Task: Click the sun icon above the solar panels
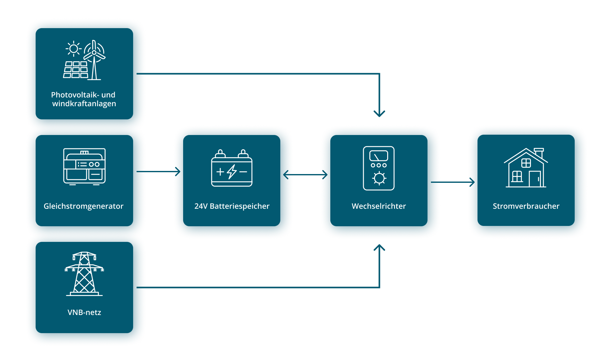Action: click(x=74, y=49)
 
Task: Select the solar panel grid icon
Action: click(x=76, y=70)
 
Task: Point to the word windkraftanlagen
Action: click(x=84, y=103)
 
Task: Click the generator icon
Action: click(x=84, y=167)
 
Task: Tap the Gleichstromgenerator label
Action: click(x=83, y=206)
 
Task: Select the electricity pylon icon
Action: click(x=84, y=274)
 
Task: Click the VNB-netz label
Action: click(x=84, y=312)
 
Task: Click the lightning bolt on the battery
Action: click(x=232, y=172)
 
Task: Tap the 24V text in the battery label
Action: click(x=201, y=206)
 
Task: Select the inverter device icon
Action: click(x=379, y=168)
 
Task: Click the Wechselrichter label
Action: click(x=379, y=206)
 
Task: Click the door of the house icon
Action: click(x=535, y=179)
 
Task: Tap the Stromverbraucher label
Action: click(x=526, y=206)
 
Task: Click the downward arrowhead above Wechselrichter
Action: click(x=379, y=114)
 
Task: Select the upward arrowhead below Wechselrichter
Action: click(x=379, y=248)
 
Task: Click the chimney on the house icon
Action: click(x=539, y=153)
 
